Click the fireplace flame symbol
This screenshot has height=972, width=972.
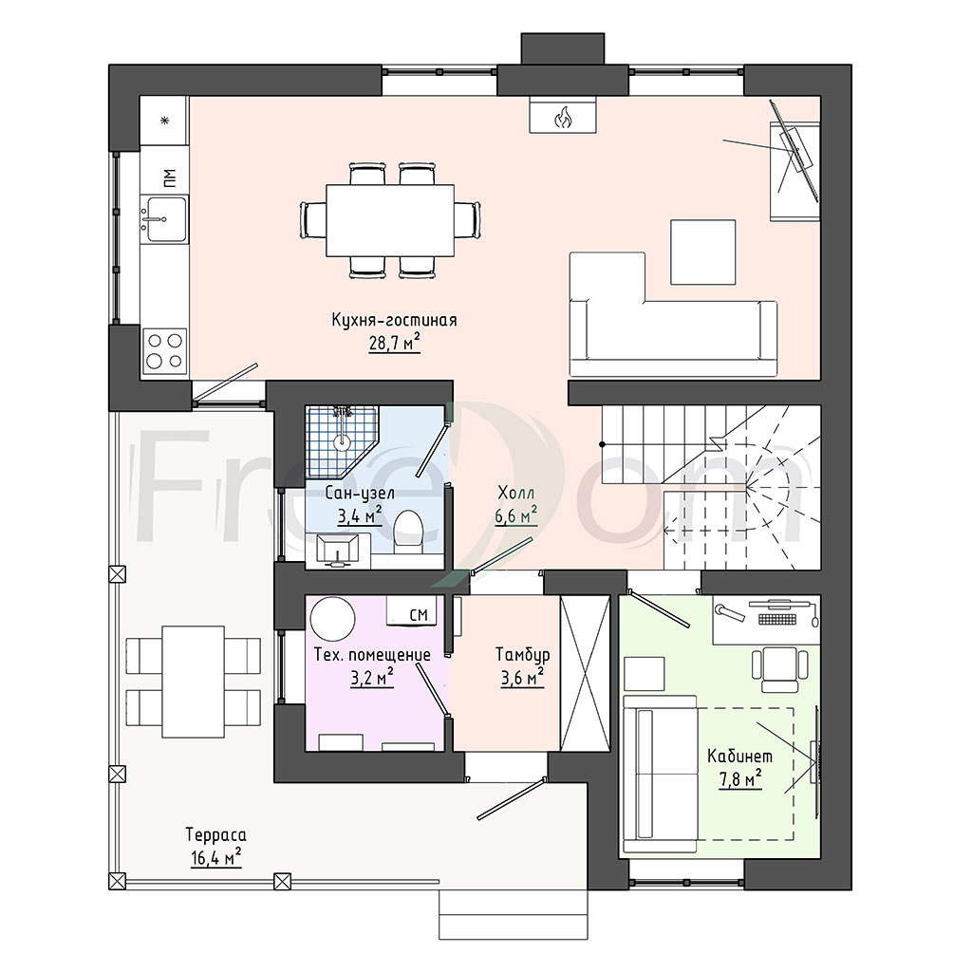point(563,117)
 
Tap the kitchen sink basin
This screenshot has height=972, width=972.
point(164,219)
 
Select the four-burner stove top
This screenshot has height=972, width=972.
point(165,351)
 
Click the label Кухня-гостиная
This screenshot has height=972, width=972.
point(394,320)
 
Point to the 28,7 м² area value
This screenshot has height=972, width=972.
point(394,342)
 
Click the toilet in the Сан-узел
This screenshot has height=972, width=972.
point(408,532)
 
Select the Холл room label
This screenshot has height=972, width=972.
point(515,494)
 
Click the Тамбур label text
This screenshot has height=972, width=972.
point(523,655)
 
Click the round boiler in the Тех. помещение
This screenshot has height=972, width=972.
point(333,619)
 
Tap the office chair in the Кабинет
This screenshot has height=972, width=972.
point(780,669)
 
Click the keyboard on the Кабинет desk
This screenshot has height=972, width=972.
point(776,619)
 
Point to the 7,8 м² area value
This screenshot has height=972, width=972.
point(740,778)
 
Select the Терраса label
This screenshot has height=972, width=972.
point(215,835)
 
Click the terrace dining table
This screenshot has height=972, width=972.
point(194,682)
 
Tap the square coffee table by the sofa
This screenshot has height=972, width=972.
point(703,252)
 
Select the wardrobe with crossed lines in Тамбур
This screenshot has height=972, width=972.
point(585,674)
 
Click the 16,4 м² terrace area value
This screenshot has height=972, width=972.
point(215,858)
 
